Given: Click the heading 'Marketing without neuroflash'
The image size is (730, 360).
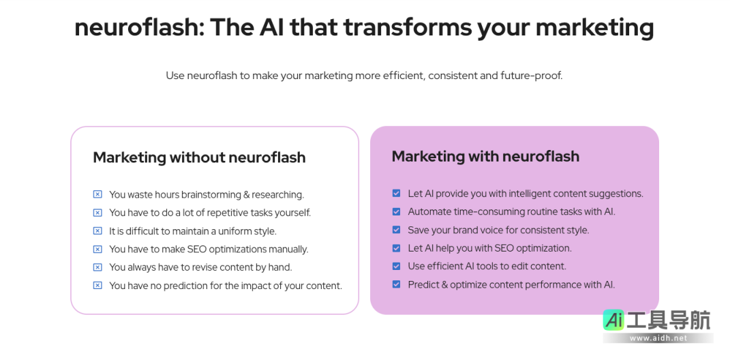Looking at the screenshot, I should (x=199, y=157).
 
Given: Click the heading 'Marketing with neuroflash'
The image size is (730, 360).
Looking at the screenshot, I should (x=485, y=156).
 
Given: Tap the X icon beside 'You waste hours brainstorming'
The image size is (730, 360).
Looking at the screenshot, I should (x=97, y=194).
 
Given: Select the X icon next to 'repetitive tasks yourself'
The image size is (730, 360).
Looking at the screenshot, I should (x=97, y=213).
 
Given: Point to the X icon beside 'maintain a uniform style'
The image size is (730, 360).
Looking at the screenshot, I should (x=97, y=231).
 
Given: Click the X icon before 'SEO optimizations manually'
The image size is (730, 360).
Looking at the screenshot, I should (x=97, y=249).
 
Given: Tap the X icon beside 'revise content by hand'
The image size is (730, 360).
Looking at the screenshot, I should (x=97, y=267).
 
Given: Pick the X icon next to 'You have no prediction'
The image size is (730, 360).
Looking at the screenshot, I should (x=97, y=286).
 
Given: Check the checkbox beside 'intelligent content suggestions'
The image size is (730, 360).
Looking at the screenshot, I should (x=397, y=194).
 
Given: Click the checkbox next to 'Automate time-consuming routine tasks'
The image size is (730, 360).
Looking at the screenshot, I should (x=397, y=211).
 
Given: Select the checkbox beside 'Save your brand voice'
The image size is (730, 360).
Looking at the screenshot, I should (x=397, y=230).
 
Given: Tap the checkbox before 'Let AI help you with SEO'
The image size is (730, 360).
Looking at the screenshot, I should (x=397, y=248).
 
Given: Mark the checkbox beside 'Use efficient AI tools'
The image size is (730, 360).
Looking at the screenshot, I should (x=397, y=266).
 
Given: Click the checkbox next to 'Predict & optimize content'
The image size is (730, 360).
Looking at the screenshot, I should (x=397, y=284).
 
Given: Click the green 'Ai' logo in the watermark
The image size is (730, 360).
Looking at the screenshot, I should (x=614, y=320).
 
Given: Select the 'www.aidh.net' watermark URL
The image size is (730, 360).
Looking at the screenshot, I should (x=658, y=338).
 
